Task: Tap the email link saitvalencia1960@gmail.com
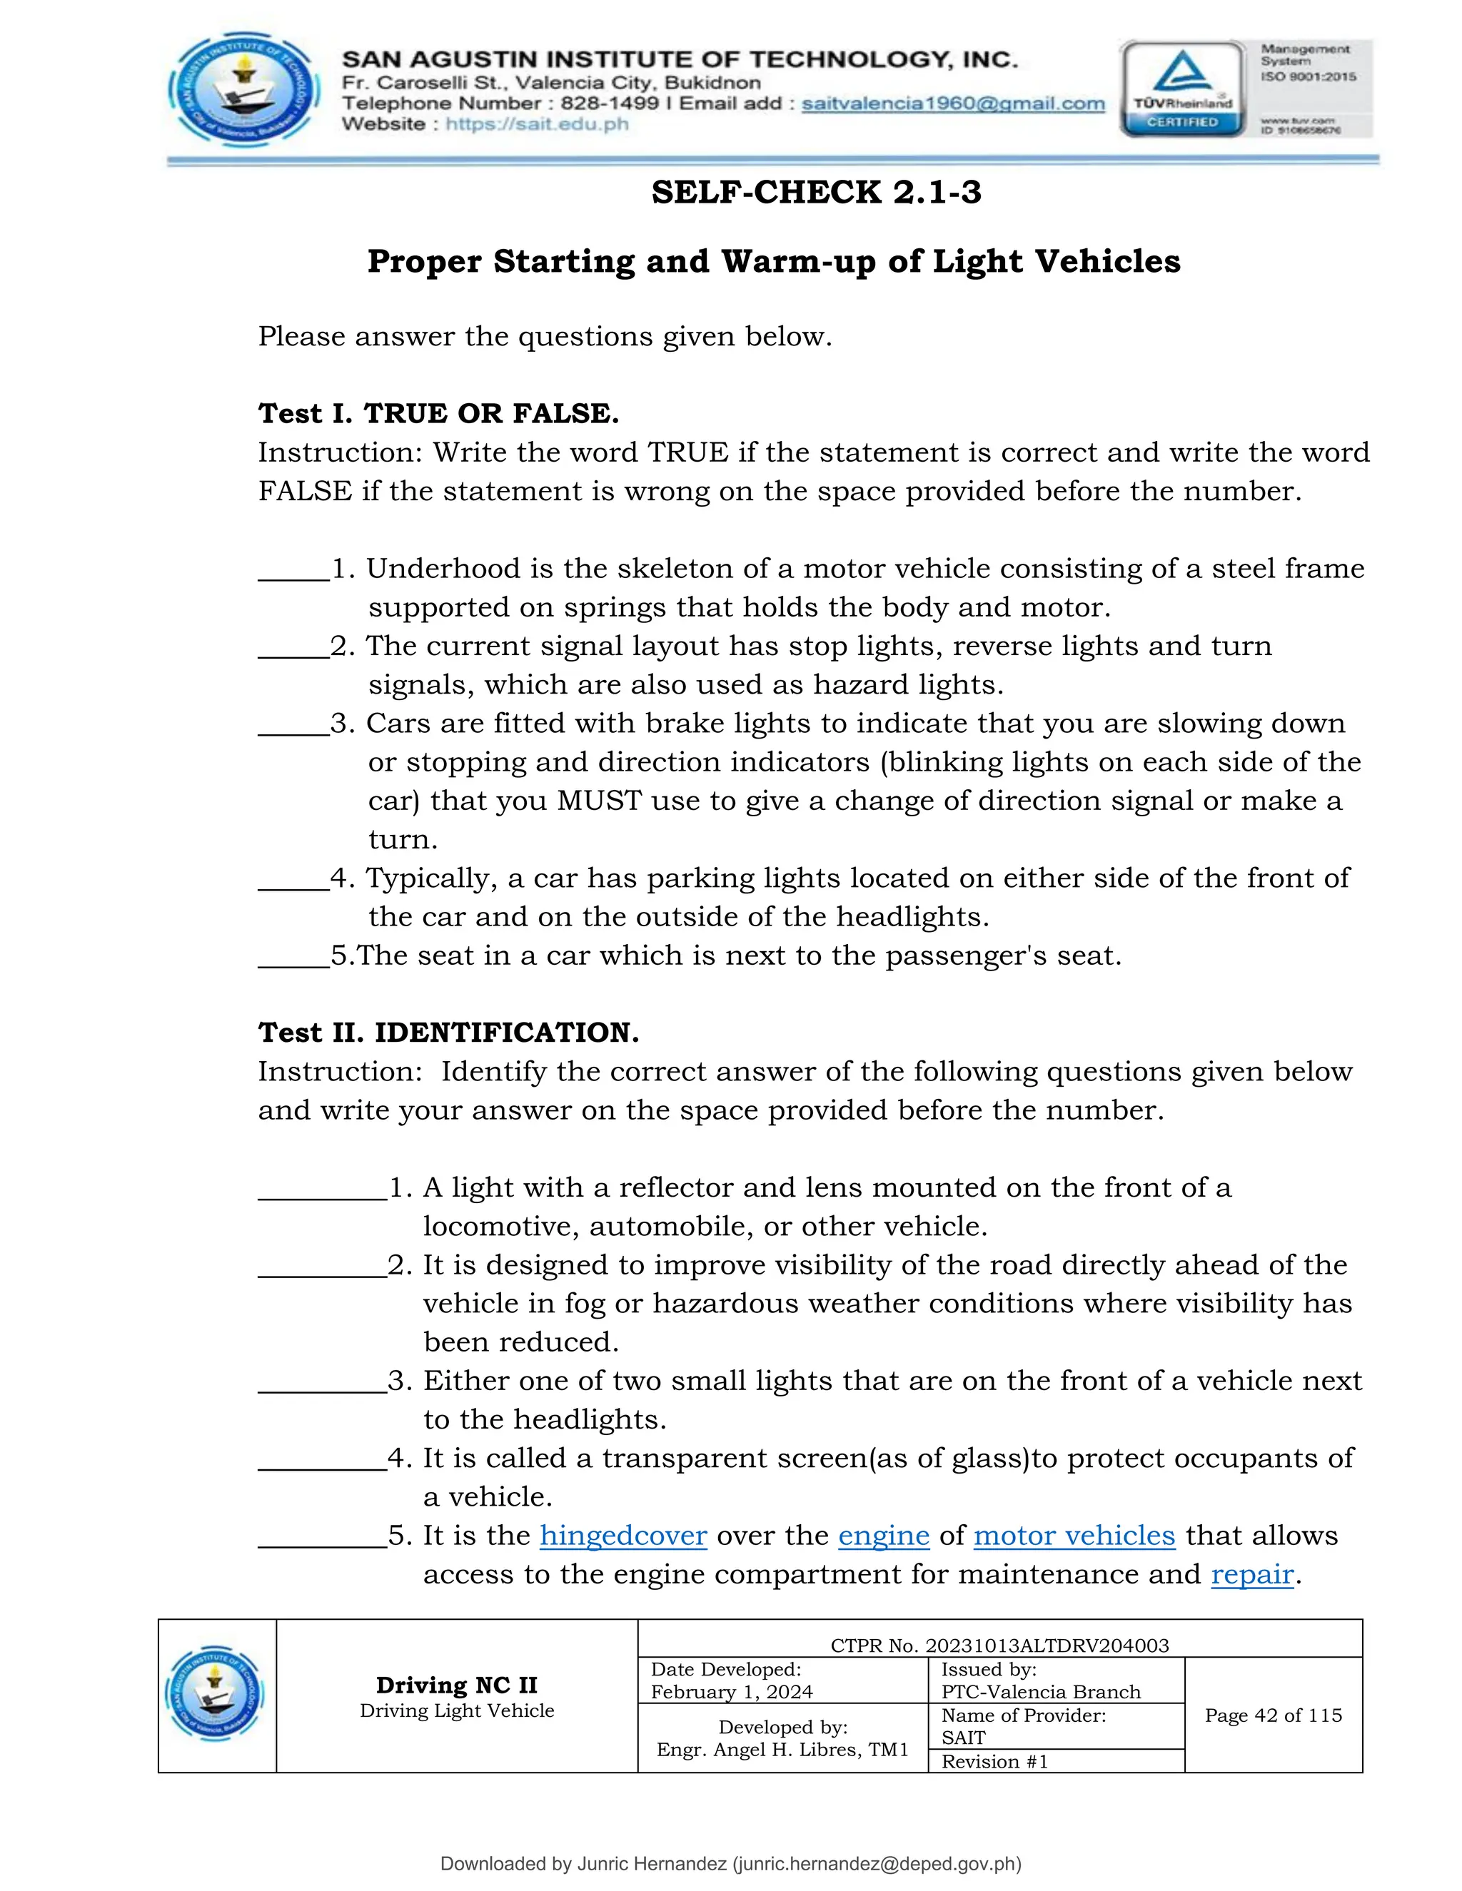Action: tap(953, 104)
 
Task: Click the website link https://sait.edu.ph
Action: tap(537, 124)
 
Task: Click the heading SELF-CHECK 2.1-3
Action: tap(816, 192)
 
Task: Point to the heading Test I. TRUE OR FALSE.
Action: tap(438, 413)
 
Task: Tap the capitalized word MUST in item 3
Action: tap(598, 801)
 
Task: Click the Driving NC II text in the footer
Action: tap(456, 1685)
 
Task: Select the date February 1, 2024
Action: tap(731, 1692)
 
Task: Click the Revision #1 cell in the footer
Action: tap(994, 1761)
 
